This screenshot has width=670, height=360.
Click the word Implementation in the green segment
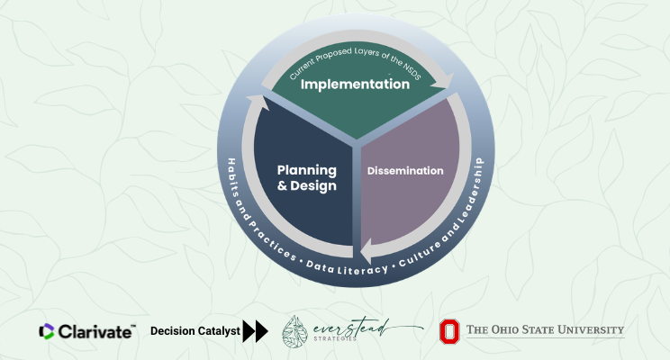click(355, 85)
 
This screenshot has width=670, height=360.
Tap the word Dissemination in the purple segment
click(404, 170)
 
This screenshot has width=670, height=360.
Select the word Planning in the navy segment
click(306, 170)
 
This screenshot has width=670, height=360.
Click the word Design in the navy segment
click(316, 186)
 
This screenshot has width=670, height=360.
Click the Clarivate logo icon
click(47, 331)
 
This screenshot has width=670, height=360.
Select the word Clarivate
click(96, 331)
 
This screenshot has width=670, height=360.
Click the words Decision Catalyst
click(195, 331)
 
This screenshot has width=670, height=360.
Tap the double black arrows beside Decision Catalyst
click(256, 331)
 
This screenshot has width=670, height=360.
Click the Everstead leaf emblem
click(298, 332)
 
